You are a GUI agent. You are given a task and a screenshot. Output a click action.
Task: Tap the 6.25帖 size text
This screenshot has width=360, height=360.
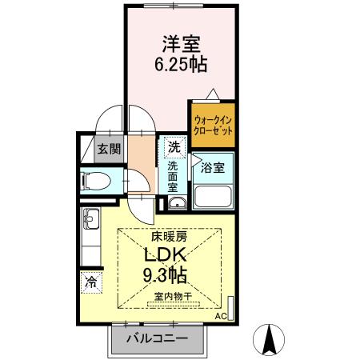pyautogui.click(x=181, y=65)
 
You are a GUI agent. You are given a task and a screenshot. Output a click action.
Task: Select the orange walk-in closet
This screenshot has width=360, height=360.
pyautogui.click(x=212, y=125)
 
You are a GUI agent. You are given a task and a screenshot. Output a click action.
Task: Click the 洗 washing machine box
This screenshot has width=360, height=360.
pyautogui.click(x=174, y=147)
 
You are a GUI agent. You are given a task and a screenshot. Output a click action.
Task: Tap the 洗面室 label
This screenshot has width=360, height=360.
pyautogui.click(x=173, y=176)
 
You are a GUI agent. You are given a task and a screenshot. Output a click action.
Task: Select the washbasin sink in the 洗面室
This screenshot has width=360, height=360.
pyautogui.click(x=177, y=202)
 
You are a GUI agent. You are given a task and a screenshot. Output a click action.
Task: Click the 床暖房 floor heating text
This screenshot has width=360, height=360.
pyautogui.click(x=169, y=237)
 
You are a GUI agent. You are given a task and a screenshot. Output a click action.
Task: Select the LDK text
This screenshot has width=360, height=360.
pyautogui.click(x=166, y=255)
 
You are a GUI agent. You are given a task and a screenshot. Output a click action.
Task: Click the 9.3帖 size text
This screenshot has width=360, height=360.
pyautogui.click(x=166, y=276)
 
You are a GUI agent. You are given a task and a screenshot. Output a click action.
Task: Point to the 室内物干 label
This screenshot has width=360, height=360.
pyautogui.click(x=173, y=296)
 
